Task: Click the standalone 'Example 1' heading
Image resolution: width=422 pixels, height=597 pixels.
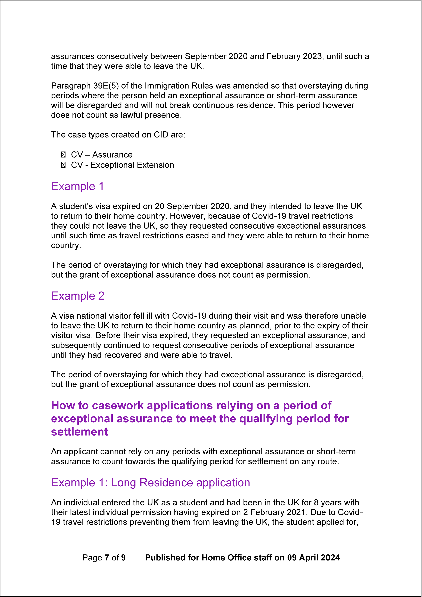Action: pyautogui.click(x=77, y=186)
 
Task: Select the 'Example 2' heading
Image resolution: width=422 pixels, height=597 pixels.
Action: pyautogui.click(x=78, y=296)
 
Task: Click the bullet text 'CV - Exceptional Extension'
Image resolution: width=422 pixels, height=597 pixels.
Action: pyautogui.click(x=123, y=165)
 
